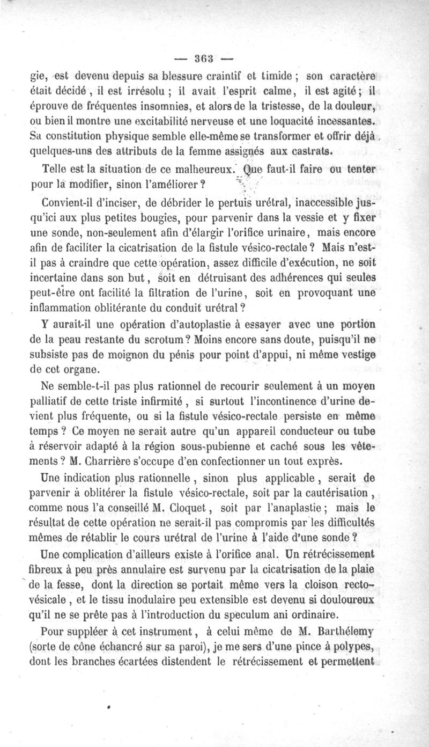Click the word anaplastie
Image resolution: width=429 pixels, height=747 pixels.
[x=298, y=506]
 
